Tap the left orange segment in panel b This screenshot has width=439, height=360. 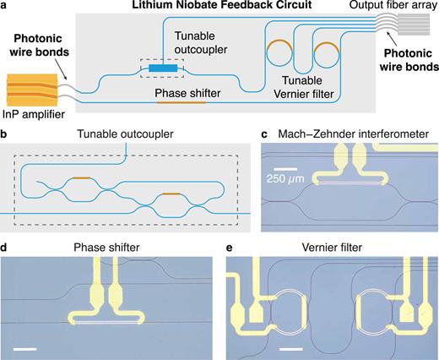point(82,178)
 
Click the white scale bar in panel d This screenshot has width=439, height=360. point(24,348)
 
